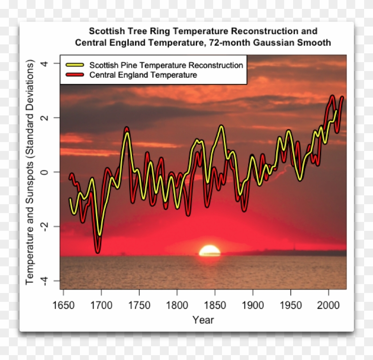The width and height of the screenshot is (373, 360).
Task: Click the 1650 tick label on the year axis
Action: coord(63,305)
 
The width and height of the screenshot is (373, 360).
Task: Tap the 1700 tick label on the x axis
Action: coord(101,305)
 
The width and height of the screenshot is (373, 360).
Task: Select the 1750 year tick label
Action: coord(139,305)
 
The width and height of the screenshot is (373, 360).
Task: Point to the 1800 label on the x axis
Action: coord(177,305)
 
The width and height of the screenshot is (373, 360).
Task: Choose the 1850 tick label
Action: coord(215,305)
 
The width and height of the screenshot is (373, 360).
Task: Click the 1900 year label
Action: coord(253,305)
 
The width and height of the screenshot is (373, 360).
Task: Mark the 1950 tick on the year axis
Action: coord(290,305)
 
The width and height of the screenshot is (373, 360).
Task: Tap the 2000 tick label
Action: coord(328,305)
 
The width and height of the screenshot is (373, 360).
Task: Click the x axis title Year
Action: coord(203,320)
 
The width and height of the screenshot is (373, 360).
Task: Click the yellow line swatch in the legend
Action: coord(75,65)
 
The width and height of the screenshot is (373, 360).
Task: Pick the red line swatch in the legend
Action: coord(75,75)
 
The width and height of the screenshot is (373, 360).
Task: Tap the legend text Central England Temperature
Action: coord(143,75)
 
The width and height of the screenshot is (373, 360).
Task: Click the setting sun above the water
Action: coord(210,251)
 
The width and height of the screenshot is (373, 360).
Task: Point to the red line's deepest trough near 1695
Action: coord(97,252)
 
